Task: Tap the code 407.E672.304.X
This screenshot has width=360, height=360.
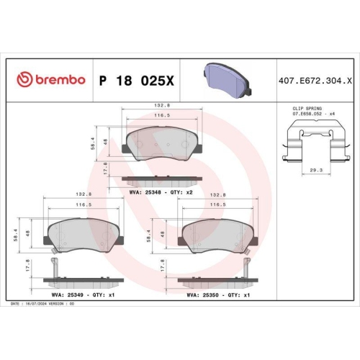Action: (x=314, y=78)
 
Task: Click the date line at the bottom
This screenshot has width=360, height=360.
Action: (x=43, y=304)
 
